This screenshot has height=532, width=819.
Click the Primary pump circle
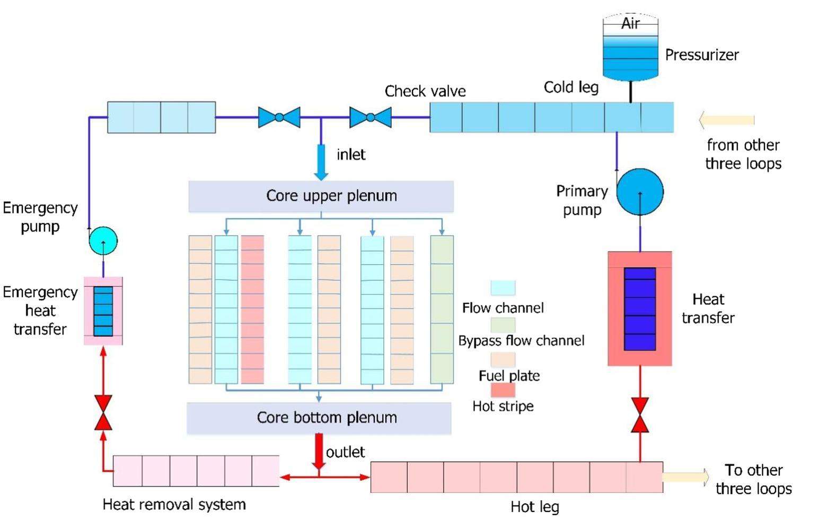tap(640, 192)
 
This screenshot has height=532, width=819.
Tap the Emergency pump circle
tap(103, 241)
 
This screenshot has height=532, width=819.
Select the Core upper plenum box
tap(321, 196)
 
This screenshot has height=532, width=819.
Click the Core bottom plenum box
tap(319, 418)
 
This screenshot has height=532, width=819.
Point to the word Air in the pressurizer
tap(630, 23)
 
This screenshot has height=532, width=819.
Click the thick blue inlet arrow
tap(321, 161)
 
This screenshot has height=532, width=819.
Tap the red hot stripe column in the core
tap(252, 309)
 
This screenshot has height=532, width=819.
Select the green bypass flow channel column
tap(442, 309)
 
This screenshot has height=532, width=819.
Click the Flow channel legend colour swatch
tap(503, 288)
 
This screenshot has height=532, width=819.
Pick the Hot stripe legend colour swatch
tap(503, 390)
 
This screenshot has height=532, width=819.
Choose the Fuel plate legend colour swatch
tap(503, 359)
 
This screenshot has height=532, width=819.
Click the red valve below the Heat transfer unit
tap(640, 415)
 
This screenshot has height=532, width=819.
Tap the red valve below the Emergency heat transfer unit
tap(103, 412)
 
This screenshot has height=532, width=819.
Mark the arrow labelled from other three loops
tap(726, 120)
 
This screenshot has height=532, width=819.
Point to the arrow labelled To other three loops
tap(685, 477)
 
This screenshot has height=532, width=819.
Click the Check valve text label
tap(425, 91)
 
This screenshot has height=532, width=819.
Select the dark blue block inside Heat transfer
tap(640, 309)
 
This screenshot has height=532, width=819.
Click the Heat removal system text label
tap(174, 504)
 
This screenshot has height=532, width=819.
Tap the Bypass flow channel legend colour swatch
tap(503, 324)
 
